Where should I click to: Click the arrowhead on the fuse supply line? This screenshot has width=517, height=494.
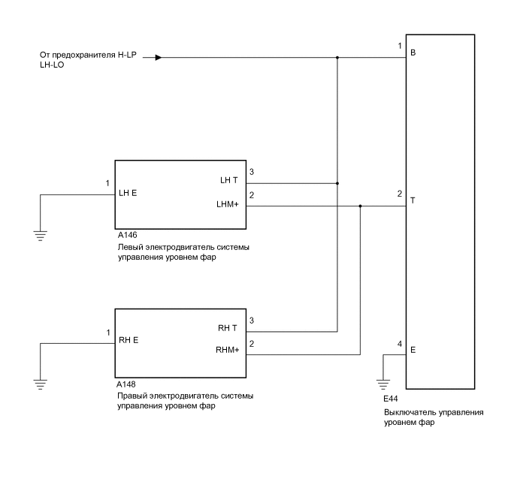click(x=158, y=57)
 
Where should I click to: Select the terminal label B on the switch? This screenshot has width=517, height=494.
click(x=413, y=54)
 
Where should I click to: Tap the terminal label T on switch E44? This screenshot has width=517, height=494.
click(x=413, y=202)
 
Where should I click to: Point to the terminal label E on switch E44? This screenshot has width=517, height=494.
click(x=413, y=350)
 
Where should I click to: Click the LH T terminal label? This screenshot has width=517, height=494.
click(x=228, y=179)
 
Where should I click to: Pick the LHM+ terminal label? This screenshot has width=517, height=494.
click(x=227, y=203)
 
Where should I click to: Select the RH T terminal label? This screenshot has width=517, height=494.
click(x=228, y=327)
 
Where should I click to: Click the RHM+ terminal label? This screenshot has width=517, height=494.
click(x=226, y=351)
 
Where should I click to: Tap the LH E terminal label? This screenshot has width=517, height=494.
click(x=128, y=192)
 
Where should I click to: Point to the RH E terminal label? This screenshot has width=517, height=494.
click(x=128, y=340)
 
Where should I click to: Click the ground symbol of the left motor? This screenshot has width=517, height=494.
click(x=40, y=236)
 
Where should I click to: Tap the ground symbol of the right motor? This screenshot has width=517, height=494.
click(x=40, y=384)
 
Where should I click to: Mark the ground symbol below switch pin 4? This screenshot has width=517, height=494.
click(x=384, y=383)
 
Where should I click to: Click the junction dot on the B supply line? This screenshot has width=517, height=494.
click(x=337, y=57)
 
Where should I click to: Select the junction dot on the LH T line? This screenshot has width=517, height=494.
click(x=337, y=182)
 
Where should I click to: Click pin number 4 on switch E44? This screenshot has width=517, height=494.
click(x=400, y=345)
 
